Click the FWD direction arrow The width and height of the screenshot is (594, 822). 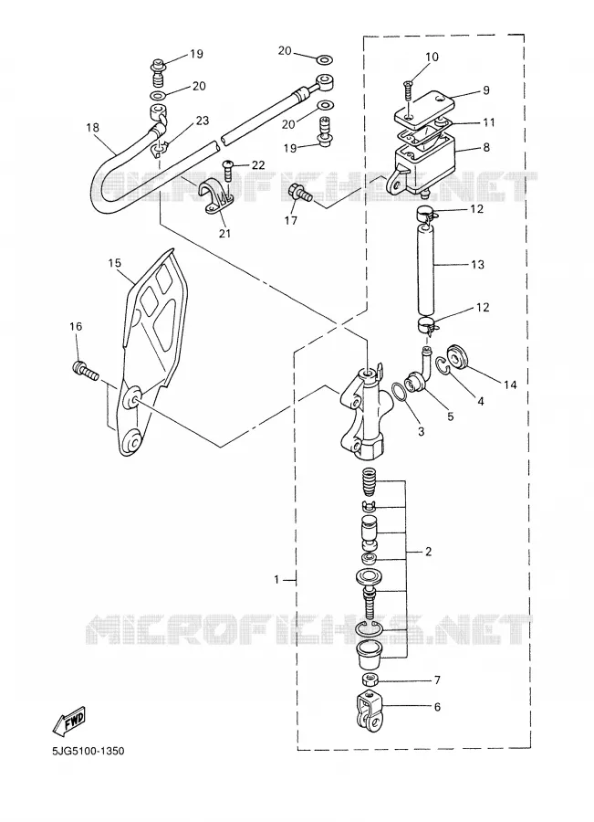tap(69, 722)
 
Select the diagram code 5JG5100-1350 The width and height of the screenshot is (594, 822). tap(88, 752)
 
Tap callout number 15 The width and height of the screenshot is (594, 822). tap(115, 263)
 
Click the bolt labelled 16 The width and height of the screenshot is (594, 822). tap(85, 371)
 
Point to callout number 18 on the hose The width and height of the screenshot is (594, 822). tap(92, 127)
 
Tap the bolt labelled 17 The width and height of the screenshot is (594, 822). tap(300, 194)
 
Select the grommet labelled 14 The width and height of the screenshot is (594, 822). tap(458, 356)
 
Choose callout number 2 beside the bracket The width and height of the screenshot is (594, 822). tap(429, 552)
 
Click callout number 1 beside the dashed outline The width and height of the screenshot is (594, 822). tap(276, 579)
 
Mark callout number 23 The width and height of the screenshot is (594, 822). tap(203, 121)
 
